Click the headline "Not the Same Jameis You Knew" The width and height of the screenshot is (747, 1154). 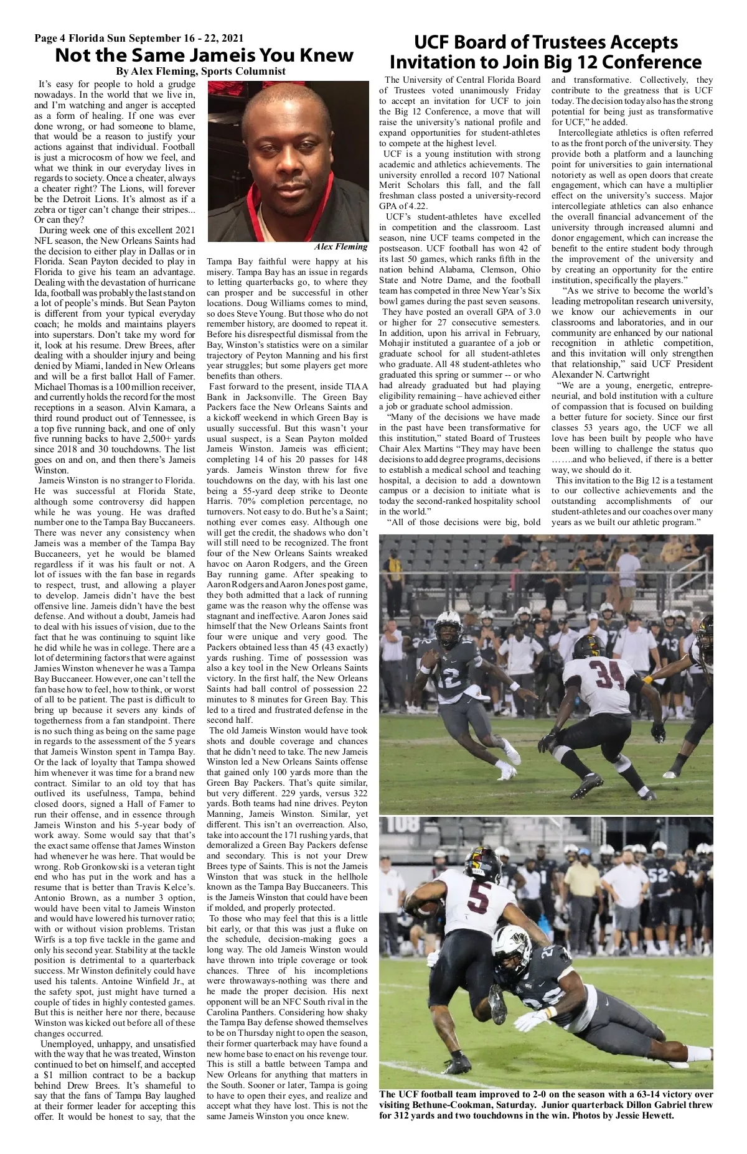click(x=204, y=55)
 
